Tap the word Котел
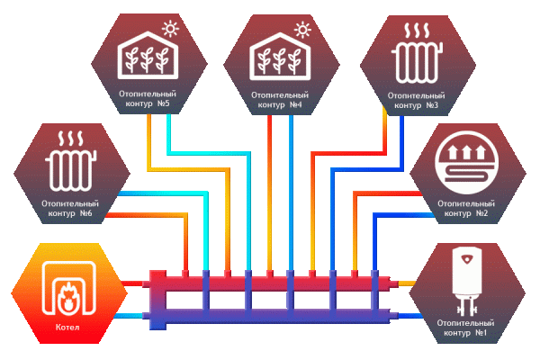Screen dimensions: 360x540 tap(67, 327)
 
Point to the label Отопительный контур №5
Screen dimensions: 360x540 tap(146, 99)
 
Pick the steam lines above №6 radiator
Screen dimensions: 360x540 tap(67, 141)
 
